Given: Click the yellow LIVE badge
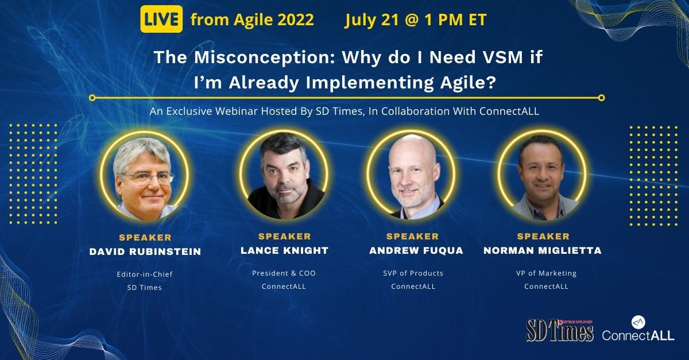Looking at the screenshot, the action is point(161,19).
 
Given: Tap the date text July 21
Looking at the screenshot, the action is point(371,20).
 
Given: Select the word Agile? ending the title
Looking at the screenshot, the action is point(468,83).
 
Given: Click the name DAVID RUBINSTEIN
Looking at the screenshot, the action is point(145,251).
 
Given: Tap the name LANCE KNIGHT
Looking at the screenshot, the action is point(285,250).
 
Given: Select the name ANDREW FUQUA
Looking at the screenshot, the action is point(416,250).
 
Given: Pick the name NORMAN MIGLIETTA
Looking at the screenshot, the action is point(543,250).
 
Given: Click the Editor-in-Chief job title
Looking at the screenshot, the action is point(145,274).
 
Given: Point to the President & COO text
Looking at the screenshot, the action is point(284,273).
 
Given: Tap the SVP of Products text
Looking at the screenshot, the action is point(413,273).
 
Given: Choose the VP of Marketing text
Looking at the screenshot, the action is point(546,273).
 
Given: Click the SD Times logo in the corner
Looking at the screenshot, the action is point(559,331).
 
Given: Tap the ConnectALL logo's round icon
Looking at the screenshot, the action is point(638,322).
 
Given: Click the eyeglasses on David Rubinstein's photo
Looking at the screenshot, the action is point(149,178).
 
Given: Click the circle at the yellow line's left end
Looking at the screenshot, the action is point(92,98).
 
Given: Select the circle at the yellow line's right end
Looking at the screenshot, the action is point(601,98).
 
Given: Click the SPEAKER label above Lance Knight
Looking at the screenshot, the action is point(285,237).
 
